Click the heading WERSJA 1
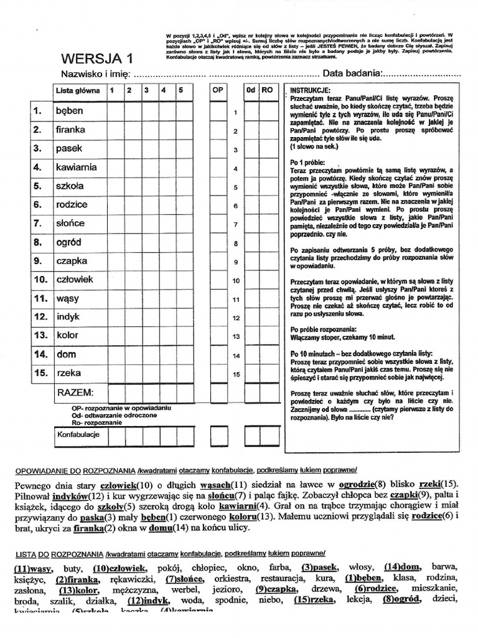pyautogui.click(x=96, y=60)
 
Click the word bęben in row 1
pyautogui.click(x=69, y=111)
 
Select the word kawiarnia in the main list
pyautogui.click(x=76, y=167)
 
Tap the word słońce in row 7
pyautogui.click(x=70, y=223)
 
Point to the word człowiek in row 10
pyautogui.click(x=74, y=279)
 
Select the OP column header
pyautogui.click(x=218, y=90)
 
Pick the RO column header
pyautogui.click(x=268, y=90)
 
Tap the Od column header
pyautogui.click(x=251, y=90)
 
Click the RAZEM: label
pyautogui.click(x=75, y=393)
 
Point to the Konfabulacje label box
pyautogui.click(x=78, y=434)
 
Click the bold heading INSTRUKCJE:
pyautogui.click(x=309, y=90)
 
